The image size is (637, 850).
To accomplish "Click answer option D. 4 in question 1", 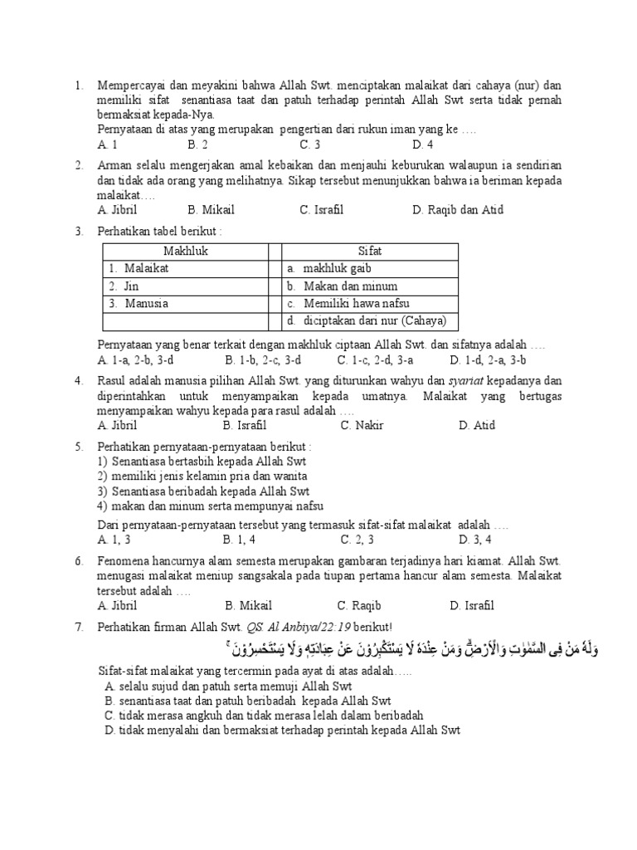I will (x=421, y=144).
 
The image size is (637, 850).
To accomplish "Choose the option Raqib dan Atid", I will (x=457, y=210).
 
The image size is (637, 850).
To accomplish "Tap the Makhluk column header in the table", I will (x=185, y=252).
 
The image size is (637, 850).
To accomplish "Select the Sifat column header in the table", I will (x=370, y=252).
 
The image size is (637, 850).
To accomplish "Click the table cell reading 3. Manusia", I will (x=139, y=303).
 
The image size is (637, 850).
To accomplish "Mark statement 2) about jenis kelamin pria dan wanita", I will (x=202, y=476).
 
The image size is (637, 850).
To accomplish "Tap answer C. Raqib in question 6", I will (x=359, y=606).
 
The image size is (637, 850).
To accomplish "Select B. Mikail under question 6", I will (x=248, y=606).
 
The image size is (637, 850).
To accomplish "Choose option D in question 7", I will (x=282, y=730).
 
